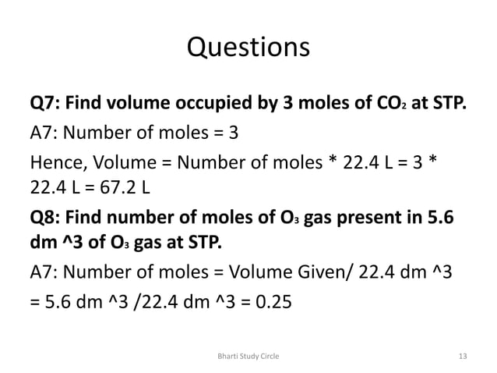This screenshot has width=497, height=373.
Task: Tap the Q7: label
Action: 45,103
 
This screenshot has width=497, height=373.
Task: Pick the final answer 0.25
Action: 275,300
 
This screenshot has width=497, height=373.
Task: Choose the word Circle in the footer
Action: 269,355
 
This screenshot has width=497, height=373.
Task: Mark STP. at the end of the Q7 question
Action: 447,103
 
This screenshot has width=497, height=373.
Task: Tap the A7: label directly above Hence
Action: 43,132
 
